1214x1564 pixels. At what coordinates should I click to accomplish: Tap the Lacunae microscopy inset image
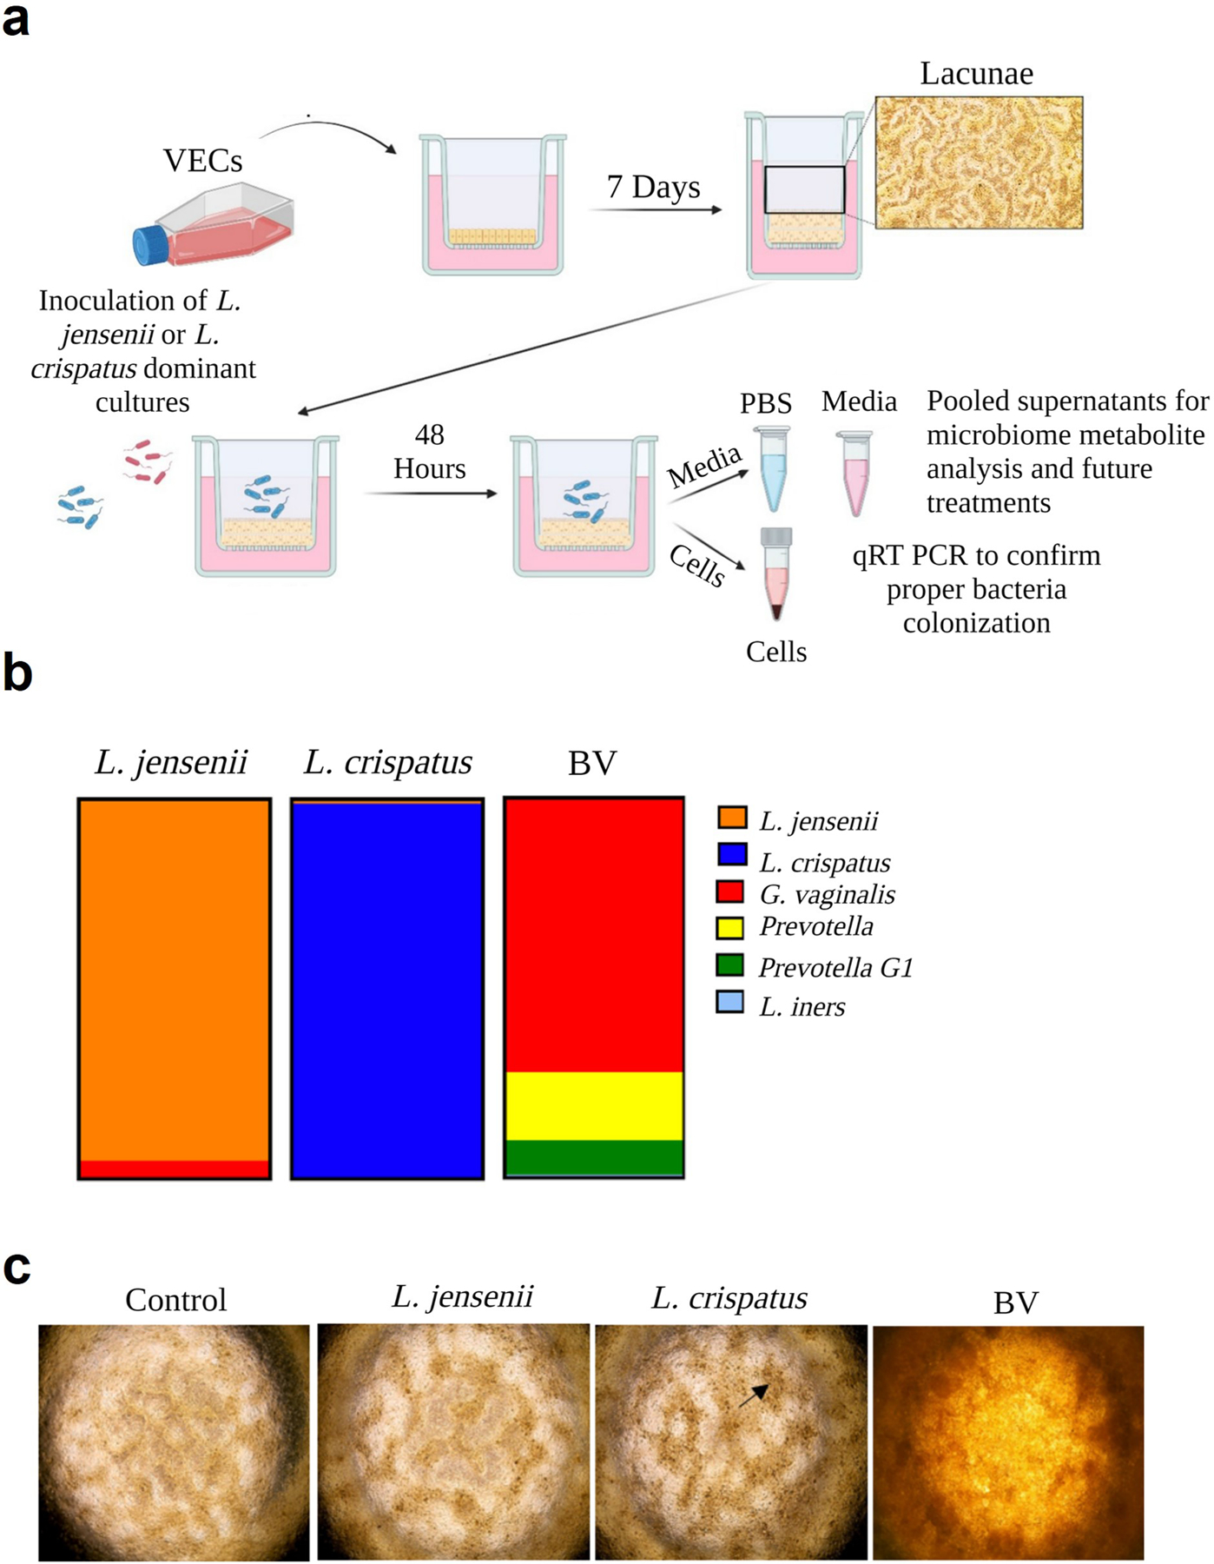(x=979, y=162)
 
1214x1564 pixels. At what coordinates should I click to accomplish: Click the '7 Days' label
(x=653, y=187)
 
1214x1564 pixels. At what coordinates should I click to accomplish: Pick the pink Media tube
(x=854, y=473)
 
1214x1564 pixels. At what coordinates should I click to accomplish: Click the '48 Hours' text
(x=430, y=452)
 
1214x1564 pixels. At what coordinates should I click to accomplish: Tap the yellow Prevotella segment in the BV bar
(x=594, y=1106)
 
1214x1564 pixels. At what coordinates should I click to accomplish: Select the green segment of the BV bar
(x=594, y=1157)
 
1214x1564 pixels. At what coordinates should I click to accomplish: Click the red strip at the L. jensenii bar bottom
(x=175, y=1169)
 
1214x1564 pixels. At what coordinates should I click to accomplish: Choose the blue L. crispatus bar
(x=387, y=989)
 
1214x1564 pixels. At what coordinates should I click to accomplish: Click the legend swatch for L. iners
(x=730, y=1003)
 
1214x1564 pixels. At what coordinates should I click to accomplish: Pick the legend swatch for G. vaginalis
(x=730, y=892)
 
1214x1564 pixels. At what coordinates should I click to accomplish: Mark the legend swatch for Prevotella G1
(x=730, y=964)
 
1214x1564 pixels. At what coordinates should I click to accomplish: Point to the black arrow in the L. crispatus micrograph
(x=754, y=1395)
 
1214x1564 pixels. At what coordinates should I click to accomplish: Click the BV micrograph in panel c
(x=1008, y=1442)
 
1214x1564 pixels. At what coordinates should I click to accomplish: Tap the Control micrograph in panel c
(x=174, y=1442)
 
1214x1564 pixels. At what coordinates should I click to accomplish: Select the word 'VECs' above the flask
(x=203, y=161)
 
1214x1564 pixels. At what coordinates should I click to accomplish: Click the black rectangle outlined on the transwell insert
(x=804, y=189)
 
